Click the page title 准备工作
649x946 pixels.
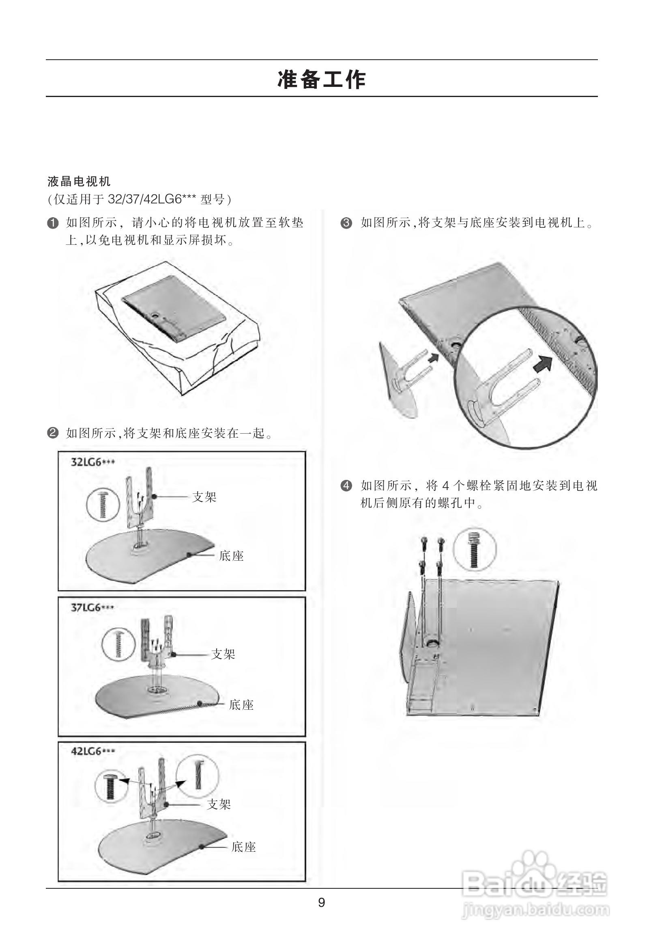321,80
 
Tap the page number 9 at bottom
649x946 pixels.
321,903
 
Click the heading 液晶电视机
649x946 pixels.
79,181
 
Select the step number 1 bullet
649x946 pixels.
52,223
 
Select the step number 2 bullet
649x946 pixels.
52,433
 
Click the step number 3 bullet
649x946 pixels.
346,223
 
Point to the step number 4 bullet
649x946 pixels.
346,486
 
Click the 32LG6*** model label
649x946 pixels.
93,462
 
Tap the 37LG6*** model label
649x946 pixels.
92,608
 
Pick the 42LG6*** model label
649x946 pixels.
93,752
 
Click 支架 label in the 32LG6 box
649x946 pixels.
204,497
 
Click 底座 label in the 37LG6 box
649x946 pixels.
241,704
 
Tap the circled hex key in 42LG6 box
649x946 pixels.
198,775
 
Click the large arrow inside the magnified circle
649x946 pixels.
543,363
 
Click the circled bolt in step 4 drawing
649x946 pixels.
475,550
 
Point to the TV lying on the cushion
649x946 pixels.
174,308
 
